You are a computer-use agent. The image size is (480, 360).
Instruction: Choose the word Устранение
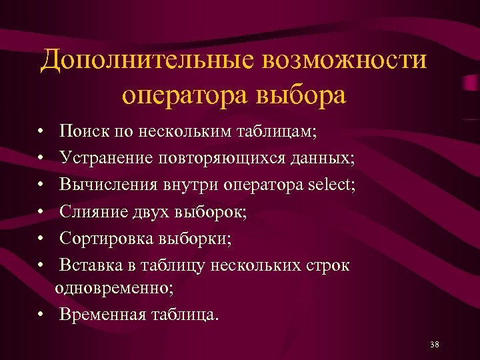coord(106,158)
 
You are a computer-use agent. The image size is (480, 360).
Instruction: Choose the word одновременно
coord(115,288)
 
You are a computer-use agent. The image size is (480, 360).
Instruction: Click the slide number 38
coord(435,344)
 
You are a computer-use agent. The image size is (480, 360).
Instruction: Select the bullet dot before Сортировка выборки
coord(41,239)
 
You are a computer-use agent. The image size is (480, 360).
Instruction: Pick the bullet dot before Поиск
coord(41,132)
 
